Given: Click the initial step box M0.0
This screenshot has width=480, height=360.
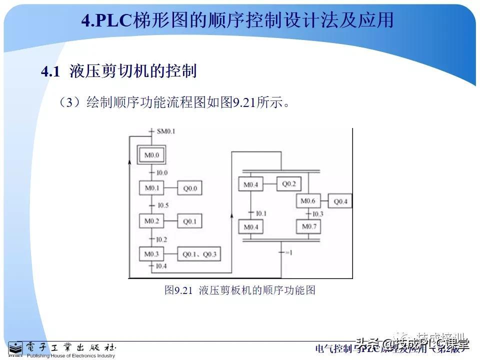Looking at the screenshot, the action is click(x=151, y=155).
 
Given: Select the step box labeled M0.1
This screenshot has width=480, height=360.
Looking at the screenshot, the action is click(x=151, y=188).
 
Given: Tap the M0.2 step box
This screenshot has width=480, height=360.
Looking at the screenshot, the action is click(x=151, y=221).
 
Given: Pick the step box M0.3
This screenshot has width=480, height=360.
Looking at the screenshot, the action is click(x=151, y=254).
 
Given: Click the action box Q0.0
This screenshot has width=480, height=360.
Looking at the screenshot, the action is click(x=190, y=188).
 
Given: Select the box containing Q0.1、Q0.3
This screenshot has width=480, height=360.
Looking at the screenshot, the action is click(x=199, y=254).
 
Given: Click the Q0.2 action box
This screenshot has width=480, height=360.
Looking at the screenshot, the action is click(x=289, y=183).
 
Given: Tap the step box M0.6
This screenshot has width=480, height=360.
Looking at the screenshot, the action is click(x=308, y=201).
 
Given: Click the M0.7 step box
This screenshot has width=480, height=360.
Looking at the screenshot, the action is click(x=308, y=227).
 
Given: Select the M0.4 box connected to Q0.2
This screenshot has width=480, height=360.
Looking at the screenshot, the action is click(x=251, y=184).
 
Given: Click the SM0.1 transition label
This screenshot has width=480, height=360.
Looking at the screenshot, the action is click(x=166, y=131).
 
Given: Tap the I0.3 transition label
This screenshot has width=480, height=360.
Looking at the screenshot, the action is click(x=318, y=214).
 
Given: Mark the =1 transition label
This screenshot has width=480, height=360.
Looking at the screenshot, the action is click(x=288, y=252).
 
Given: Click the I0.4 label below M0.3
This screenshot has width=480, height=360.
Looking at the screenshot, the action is click(x=161, y=266).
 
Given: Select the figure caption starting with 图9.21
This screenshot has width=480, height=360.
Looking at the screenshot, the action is click(x=240, y=290).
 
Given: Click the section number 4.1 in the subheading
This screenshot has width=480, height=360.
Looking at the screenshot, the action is click(x=50, y=71).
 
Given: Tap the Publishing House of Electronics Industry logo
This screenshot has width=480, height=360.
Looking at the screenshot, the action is click(x=62, y=349).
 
